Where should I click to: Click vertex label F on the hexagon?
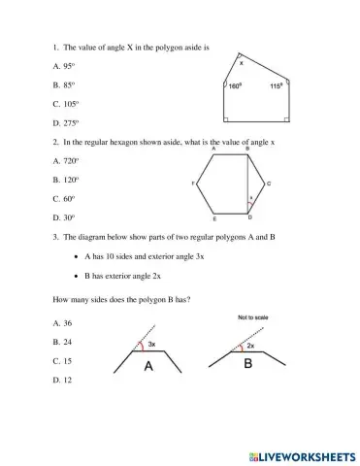[195, 183]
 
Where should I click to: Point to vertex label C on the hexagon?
[269, 183]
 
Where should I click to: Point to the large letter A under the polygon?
[148, 366]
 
